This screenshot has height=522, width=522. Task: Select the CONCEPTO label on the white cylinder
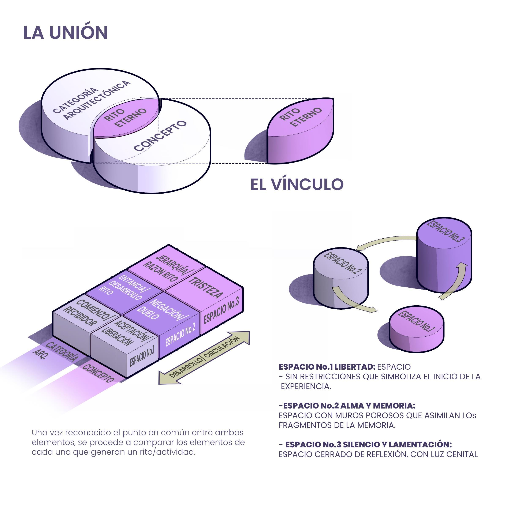tap(160, 136)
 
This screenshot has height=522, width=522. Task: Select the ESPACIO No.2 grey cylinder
tap(341, 281)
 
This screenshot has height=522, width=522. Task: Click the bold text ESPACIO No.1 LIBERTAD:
tap(327, 367)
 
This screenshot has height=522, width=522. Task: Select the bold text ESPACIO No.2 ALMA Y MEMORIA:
tap(349, 406)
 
